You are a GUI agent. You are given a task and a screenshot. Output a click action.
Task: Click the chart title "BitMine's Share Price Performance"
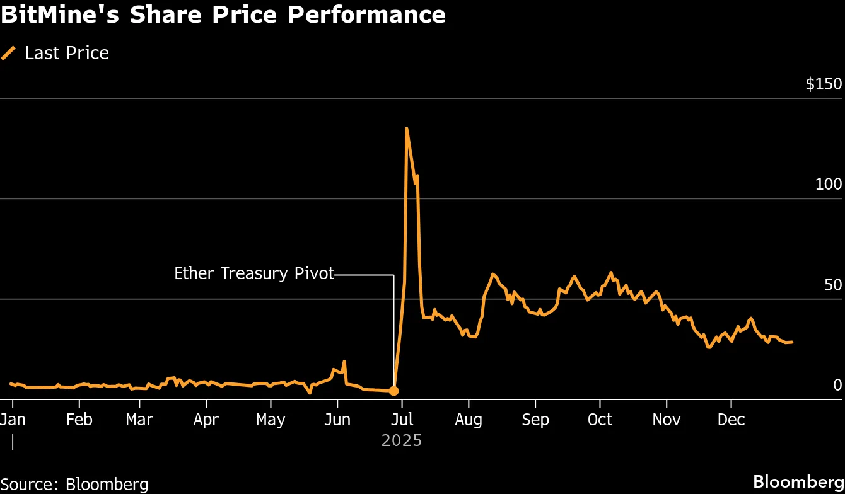(x=223, y=14)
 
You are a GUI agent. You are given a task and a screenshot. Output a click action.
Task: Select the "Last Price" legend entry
(x=67, y=54)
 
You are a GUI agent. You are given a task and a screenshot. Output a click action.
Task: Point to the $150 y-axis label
(x=824, y=84)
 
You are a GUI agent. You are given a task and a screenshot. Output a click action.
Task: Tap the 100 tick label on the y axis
(x=828, y=185)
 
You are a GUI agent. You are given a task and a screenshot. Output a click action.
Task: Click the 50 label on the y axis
(x=832, y=285)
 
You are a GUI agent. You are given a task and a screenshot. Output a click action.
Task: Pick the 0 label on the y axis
(x=837, y=385)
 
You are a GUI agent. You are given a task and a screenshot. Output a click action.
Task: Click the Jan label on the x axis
(x=13, y=420)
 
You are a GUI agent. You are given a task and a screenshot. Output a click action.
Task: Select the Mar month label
(x=139, y=420)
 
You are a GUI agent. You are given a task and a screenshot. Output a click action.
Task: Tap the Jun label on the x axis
(x=337, y=420)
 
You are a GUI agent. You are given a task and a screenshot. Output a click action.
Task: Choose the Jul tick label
(x=402, y=420)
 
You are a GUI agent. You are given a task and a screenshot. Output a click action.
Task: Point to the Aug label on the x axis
(x=469, y=420)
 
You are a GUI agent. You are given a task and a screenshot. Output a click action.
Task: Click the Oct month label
(x=600, y=420)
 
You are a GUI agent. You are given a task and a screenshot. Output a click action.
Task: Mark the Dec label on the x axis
(x=731, y=420)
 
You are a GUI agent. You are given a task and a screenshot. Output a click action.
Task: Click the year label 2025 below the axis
(x=402, y=440)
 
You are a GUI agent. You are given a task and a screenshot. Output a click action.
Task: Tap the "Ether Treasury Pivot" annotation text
(x=254, y=273)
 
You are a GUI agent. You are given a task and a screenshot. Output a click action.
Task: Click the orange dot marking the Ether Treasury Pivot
(x=393, y=391)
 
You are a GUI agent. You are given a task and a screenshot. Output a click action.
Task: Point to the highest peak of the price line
(x=407, y=129)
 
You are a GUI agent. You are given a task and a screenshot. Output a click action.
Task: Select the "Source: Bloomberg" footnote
(x=74, y=484)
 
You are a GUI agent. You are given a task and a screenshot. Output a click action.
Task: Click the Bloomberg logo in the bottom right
(x=798, y=482)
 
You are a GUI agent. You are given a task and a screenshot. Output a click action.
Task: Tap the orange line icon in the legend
(x=9, y=54)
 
